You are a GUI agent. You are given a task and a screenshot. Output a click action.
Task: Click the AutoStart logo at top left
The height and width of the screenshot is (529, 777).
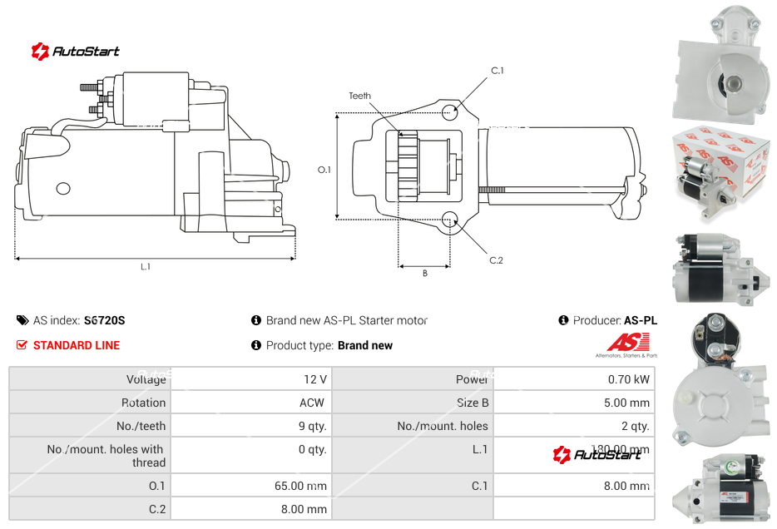(76, 52)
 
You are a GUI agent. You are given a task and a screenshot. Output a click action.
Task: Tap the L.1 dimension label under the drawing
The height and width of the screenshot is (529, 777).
(146, 266)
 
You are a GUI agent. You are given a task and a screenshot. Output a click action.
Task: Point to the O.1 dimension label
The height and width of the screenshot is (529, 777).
(324, 170)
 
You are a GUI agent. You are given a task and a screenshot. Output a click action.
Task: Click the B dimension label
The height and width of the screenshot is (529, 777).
(424, 273)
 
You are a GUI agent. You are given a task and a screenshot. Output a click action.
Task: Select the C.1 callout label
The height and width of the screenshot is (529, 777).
(497, 71)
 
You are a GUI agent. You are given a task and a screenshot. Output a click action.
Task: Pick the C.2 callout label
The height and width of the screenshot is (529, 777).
(496, 260)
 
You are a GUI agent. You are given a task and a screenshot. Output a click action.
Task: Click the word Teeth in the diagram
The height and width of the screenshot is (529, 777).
(359, 96)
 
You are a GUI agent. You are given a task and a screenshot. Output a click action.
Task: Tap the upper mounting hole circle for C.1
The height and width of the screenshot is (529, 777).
(450, 112)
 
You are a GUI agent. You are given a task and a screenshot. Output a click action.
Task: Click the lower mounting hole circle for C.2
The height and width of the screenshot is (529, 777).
(450, 220)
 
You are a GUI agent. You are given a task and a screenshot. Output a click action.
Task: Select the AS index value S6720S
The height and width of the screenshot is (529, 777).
(104, 320)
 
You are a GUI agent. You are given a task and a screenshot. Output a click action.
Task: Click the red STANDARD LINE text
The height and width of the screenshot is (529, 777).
(77, 345)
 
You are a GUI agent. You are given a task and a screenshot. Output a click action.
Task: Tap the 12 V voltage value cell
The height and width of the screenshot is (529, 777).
(315, 379)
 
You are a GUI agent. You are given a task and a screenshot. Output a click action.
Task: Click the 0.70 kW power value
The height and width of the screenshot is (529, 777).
(629, 379)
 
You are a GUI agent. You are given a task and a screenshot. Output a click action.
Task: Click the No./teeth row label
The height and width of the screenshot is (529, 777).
(141, 426)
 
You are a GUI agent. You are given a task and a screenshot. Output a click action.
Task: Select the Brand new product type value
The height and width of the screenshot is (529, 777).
(365, 345)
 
